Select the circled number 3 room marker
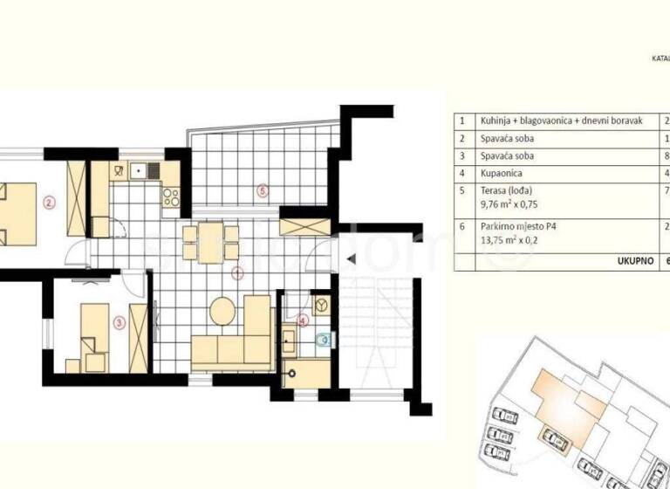click(119, 320)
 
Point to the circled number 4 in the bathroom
click(303, 320)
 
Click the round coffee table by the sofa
click(223, 311)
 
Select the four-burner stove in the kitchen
click(171, 197)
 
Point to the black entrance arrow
click(349, 259)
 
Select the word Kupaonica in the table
click(502, 173)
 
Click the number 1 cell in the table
click(463, 121)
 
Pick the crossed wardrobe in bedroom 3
click(138, 335)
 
